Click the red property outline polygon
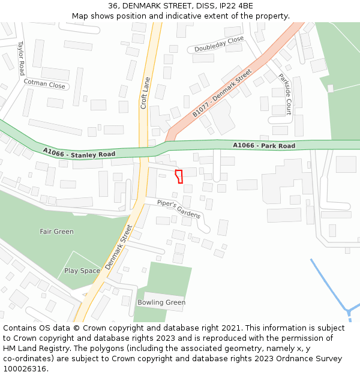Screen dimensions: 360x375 click(x=178, y=176)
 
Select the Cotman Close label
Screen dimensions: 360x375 click(x=44, y=85)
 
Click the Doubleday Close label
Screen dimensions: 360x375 click(x=219, y=44)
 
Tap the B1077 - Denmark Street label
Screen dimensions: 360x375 click(x=223, y=94)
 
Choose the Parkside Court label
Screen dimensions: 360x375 click(x=284, y=94)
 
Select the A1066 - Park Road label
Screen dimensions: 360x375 click(x=264, y=146)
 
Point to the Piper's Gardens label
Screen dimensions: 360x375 click(x=179, y=208)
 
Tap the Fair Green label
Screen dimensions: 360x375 click(x=56, y=232)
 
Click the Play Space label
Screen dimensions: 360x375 click(x=82, y=271)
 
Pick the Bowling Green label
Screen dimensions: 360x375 click(x=161, y=302)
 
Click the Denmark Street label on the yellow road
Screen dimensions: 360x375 click(x=118, y=247)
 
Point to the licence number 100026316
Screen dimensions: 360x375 click(x=25, y=369)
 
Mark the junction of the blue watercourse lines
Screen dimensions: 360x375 click(x=348, y=311)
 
